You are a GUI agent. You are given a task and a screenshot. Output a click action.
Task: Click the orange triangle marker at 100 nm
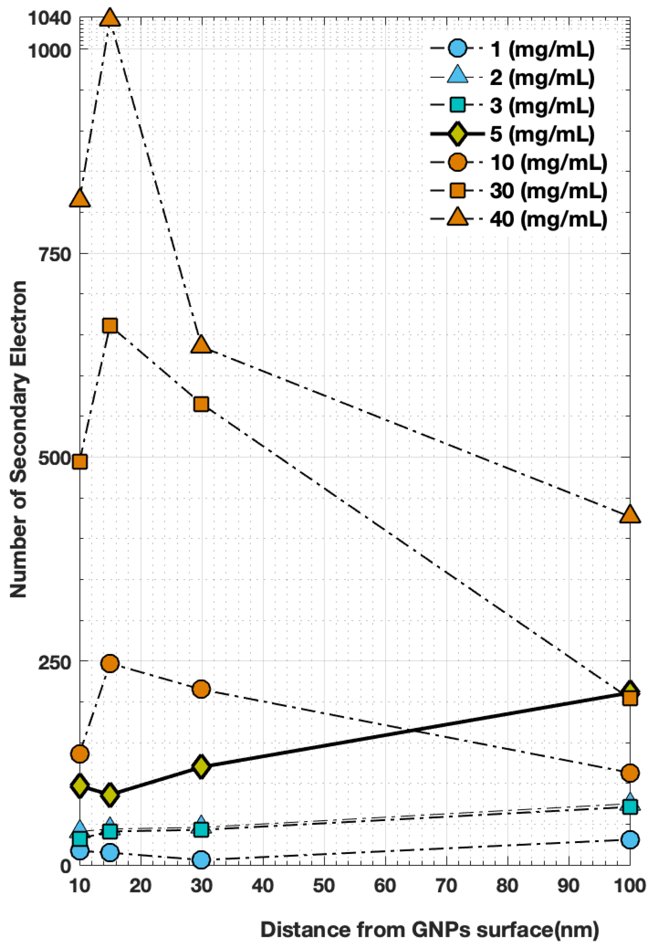coord(630,515)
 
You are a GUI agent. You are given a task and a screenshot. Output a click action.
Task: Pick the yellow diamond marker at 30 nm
coord(201,767)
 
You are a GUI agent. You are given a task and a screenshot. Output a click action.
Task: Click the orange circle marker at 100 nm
coord(630,772)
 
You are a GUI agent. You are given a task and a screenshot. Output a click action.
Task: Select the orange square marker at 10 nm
coord(80,461)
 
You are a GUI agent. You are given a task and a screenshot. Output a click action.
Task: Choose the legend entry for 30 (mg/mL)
coord(548,191)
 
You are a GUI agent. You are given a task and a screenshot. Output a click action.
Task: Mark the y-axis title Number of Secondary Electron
coord(19,439)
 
